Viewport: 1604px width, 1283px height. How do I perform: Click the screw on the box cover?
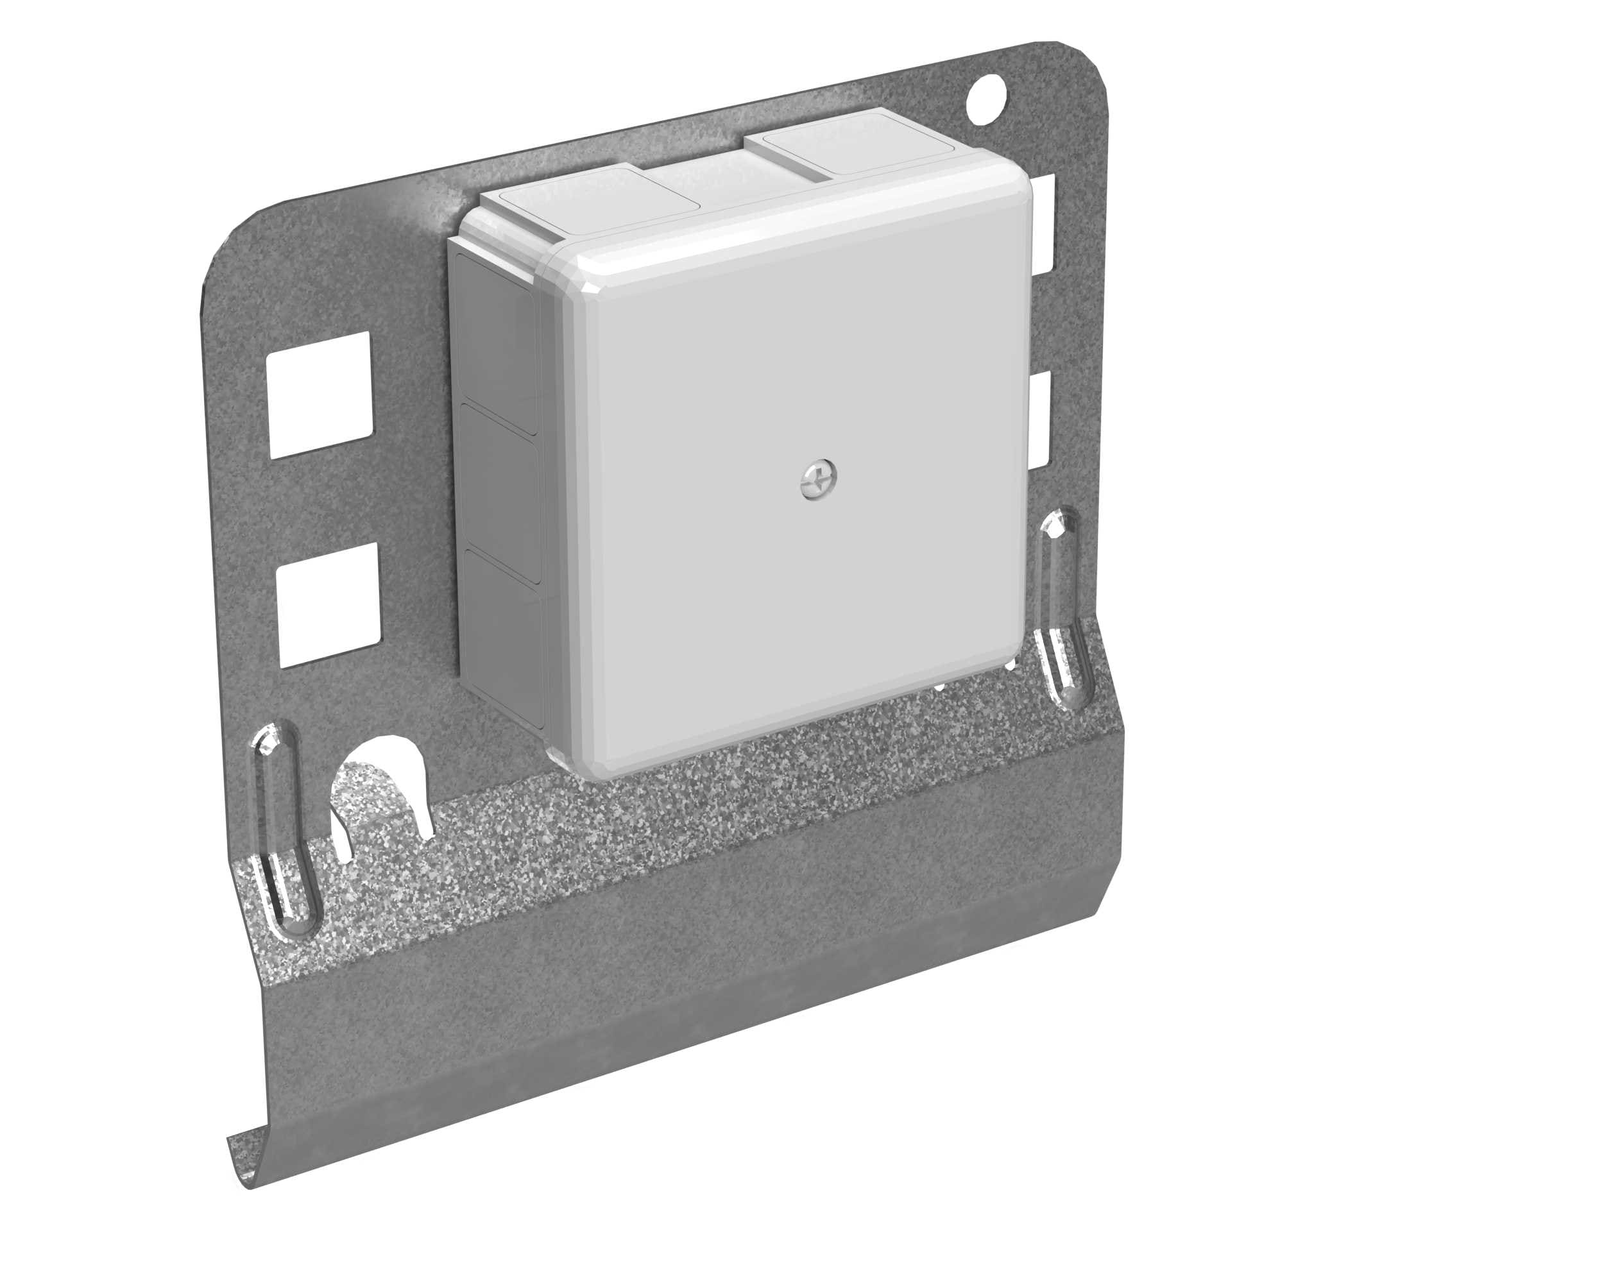click(819, 479)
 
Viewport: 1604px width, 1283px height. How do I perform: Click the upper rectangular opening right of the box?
click(1045, 223)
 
